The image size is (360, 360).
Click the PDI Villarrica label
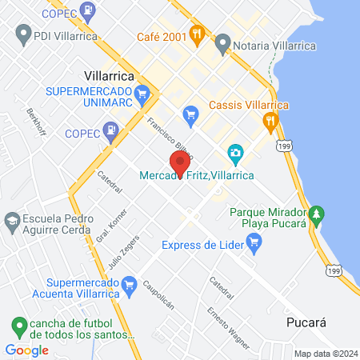63,35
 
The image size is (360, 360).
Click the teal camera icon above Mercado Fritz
235,152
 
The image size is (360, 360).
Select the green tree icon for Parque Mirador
318,214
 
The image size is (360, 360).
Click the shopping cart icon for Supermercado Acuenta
128,283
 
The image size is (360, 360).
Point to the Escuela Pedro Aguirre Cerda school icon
11,219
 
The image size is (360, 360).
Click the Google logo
26,350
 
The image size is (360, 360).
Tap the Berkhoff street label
34,122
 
